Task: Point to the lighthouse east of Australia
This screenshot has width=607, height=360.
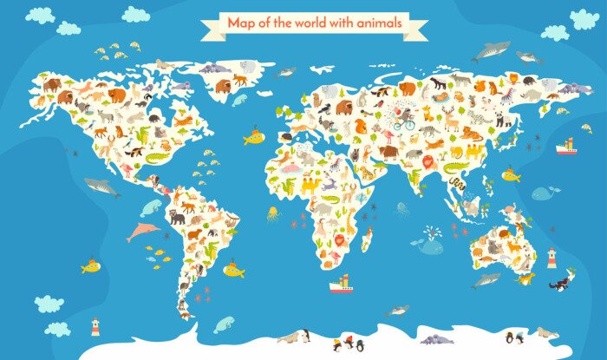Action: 551,257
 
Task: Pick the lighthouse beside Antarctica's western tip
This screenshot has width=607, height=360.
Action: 95,326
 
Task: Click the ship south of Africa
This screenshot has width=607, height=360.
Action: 341,282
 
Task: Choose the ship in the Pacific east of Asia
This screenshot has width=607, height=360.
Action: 566,146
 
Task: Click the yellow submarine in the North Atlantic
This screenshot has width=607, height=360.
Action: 252,138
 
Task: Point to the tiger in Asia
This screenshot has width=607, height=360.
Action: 473,134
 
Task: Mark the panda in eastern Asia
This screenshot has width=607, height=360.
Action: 502,120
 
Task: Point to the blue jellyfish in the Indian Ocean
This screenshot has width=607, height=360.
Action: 401,209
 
